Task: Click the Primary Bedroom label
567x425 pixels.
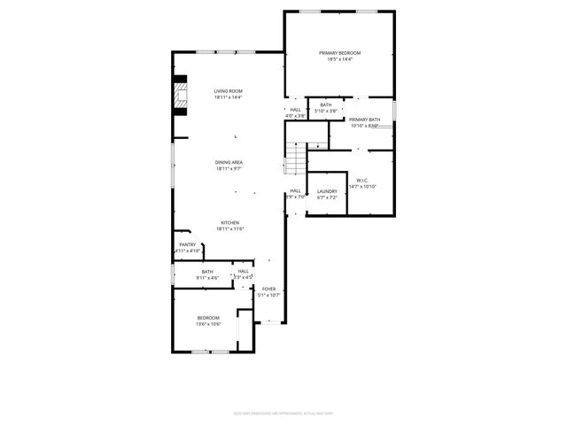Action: pos(340,53)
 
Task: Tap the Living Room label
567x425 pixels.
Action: pos(228,91)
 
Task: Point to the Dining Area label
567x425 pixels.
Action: pos(229,162)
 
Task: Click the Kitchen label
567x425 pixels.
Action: pos(229,222)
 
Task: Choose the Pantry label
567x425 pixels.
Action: pos(187,244)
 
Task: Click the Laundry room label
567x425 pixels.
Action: pos(327,191)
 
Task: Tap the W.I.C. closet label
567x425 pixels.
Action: pos(362,180)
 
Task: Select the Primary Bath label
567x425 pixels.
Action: pos(364,120)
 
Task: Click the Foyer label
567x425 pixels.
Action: pos(268,289)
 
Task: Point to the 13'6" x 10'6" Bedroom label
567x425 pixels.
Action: pos(208,317)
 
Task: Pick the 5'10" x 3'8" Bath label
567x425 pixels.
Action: pos(326,104)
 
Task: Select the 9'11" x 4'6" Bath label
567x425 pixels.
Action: pos(207,272)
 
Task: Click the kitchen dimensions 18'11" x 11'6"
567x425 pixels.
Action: pos(229,229)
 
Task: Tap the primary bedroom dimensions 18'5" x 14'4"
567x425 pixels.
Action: pos(340,60)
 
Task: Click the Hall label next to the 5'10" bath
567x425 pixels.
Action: pos(296,110)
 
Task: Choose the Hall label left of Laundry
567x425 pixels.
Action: pos(295,190)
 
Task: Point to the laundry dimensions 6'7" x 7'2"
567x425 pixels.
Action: pos(327,197)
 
